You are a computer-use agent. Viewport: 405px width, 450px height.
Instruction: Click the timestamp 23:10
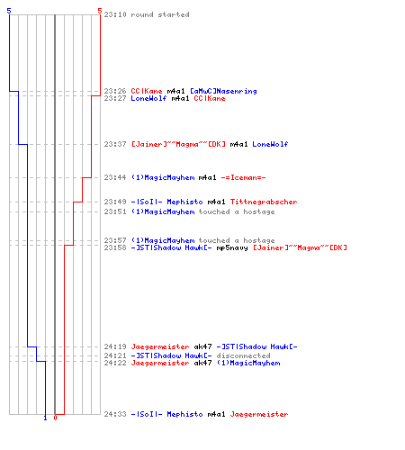(115, 14)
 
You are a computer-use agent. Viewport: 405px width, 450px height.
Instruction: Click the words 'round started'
(160, 14)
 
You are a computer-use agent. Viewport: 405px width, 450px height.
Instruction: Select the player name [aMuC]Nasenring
(223, 91)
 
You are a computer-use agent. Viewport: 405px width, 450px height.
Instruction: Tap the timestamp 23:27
(115, 98)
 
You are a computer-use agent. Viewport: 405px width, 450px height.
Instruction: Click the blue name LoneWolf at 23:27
(148, 98)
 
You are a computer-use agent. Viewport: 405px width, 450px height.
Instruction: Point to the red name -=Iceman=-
(243, 177)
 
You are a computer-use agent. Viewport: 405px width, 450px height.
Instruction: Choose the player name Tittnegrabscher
(264, 202)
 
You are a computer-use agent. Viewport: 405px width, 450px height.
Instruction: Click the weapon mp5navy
(232, 247)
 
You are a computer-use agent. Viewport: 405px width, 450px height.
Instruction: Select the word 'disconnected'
(243, 355)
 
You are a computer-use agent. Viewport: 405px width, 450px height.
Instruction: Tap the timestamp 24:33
(115, 414)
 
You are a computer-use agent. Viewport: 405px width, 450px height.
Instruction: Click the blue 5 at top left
(9, 11)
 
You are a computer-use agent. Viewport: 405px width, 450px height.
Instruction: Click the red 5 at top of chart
(100, 11)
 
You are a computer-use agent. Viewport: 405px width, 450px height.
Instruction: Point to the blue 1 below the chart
(45, 418)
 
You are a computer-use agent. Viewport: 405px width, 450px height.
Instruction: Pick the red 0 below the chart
(55, 418)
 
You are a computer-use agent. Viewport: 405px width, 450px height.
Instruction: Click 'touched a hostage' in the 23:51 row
(237, 211)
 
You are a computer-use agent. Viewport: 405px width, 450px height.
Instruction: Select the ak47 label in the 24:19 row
(202, 346)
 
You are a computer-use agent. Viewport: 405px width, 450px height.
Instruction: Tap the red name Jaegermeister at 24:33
(259, 414)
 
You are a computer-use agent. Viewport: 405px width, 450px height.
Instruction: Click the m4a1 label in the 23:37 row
(238, 144)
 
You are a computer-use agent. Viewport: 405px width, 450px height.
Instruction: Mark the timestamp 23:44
(115, 177)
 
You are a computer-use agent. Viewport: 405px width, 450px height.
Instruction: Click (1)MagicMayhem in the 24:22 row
(248, 363)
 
